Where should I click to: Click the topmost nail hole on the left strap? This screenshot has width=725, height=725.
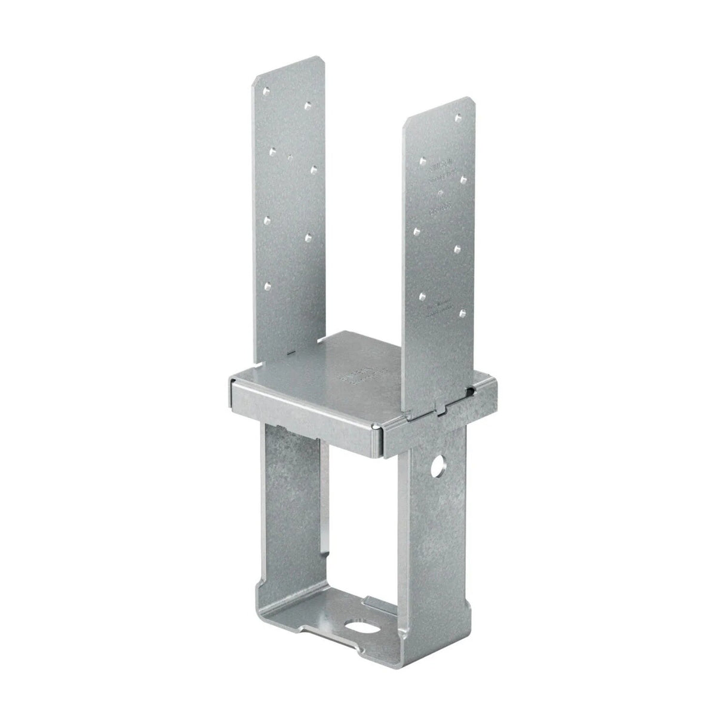pos(266,91)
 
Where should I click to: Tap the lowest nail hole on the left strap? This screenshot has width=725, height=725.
pos(268,285)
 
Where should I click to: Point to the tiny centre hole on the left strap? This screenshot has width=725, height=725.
pos(290,158)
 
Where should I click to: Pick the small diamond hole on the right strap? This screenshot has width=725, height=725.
pos(440,192)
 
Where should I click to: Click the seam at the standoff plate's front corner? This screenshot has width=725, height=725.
pos(377,428)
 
